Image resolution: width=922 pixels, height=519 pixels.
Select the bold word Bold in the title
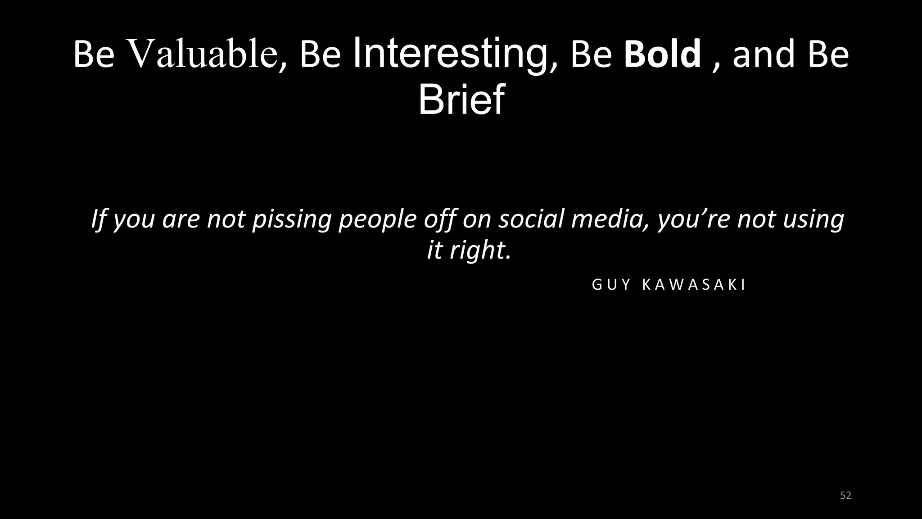(662, 55)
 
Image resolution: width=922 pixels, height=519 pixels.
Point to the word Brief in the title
(461, 100)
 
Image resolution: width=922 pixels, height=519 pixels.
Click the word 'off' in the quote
(442, 219)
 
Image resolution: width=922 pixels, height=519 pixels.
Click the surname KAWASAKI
(694, 285)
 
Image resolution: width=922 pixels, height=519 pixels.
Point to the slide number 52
(845, 496)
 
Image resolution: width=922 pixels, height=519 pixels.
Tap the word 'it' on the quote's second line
(434, 250)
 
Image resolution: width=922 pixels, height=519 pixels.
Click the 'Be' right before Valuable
(94, 55)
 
